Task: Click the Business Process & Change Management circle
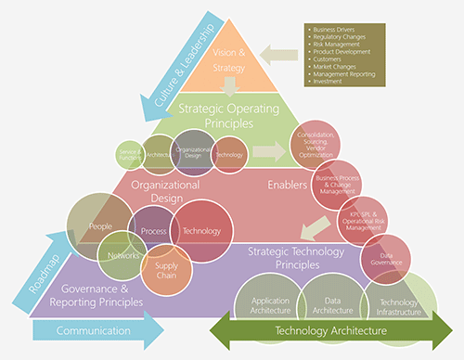[x=338, y=183]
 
